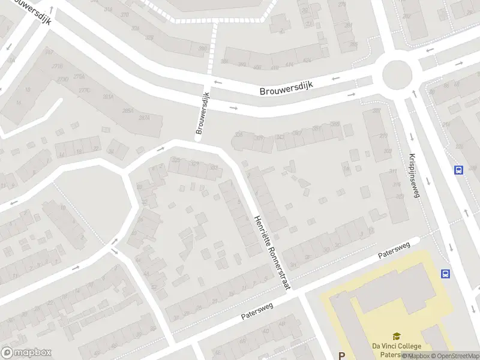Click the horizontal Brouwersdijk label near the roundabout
(287, 88)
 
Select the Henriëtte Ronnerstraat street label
(272, 253)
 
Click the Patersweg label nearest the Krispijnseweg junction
(394, 251)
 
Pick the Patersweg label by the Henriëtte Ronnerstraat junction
(257, 310)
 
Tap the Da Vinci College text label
(397, 346)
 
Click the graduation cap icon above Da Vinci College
(397, 337)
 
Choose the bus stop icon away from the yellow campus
(460, 170)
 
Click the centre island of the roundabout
(397, 74)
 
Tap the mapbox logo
(26, 353)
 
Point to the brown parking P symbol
(342, 355)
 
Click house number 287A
(144, 118)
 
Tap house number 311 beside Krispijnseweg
(394, 172)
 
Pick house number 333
(215, 167)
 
